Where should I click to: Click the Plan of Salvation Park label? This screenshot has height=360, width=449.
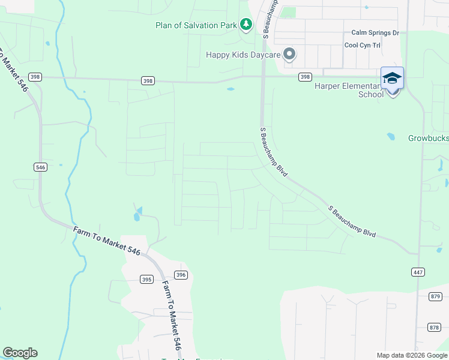coord(196,25)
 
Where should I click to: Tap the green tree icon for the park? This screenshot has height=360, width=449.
coord(246,25)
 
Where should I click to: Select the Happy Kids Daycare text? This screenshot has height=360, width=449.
coord(243,55)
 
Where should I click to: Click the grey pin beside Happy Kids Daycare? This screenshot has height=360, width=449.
coord(289,54)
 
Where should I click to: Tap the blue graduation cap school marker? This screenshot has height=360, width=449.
coord(392,79)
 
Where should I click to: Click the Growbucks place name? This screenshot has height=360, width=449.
coord(428,138)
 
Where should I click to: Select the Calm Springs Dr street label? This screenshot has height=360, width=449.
coord(375,33)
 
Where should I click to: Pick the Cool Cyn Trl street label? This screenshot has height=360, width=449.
coord(363,45)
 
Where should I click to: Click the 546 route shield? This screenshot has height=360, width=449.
coord(40,167)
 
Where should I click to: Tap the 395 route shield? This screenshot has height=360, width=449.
coord(146,280)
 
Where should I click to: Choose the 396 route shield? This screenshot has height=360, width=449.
coord(181,274)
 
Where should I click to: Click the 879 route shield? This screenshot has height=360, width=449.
coord(435,296)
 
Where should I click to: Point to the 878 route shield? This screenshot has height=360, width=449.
coord(435,327)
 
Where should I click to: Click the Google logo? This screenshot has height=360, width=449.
coord(20,353)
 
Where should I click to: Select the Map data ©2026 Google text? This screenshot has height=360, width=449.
coord(411,355)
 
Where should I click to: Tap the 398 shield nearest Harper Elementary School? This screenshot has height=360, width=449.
coord(306,77)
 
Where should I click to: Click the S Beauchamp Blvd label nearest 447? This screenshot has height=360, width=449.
coord(352,221)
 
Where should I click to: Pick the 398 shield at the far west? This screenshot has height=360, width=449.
coord(34,77)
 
